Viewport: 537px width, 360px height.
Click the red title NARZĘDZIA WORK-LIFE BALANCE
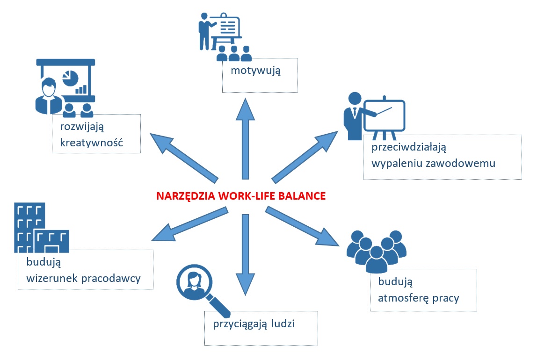241,196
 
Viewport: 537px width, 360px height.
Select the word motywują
255,71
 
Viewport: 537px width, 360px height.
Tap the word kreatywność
91,142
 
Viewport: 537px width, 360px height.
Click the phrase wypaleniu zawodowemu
434,164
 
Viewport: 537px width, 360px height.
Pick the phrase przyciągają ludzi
254,324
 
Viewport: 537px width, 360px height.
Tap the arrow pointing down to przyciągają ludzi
245,255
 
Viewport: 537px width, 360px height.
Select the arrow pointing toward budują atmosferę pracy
302,226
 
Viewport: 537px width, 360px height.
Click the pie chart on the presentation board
70,77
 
